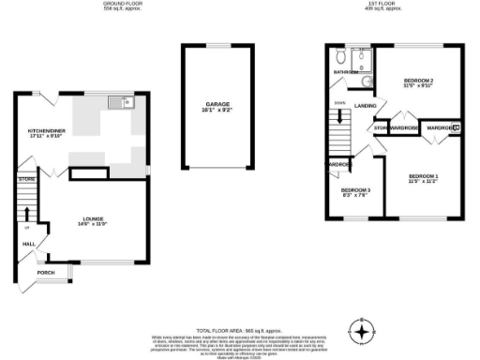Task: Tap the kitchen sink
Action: tap(121, 101)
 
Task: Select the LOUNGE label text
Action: tap(92, 222)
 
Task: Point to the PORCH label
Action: tap(46, 272)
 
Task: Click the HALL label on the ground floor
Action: tap(28, 244)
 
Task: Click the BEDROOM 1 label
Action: tap(424, 177)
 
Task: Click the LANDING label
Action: tap(366, 106)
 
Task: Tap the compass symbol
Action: tap(361, 331)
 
